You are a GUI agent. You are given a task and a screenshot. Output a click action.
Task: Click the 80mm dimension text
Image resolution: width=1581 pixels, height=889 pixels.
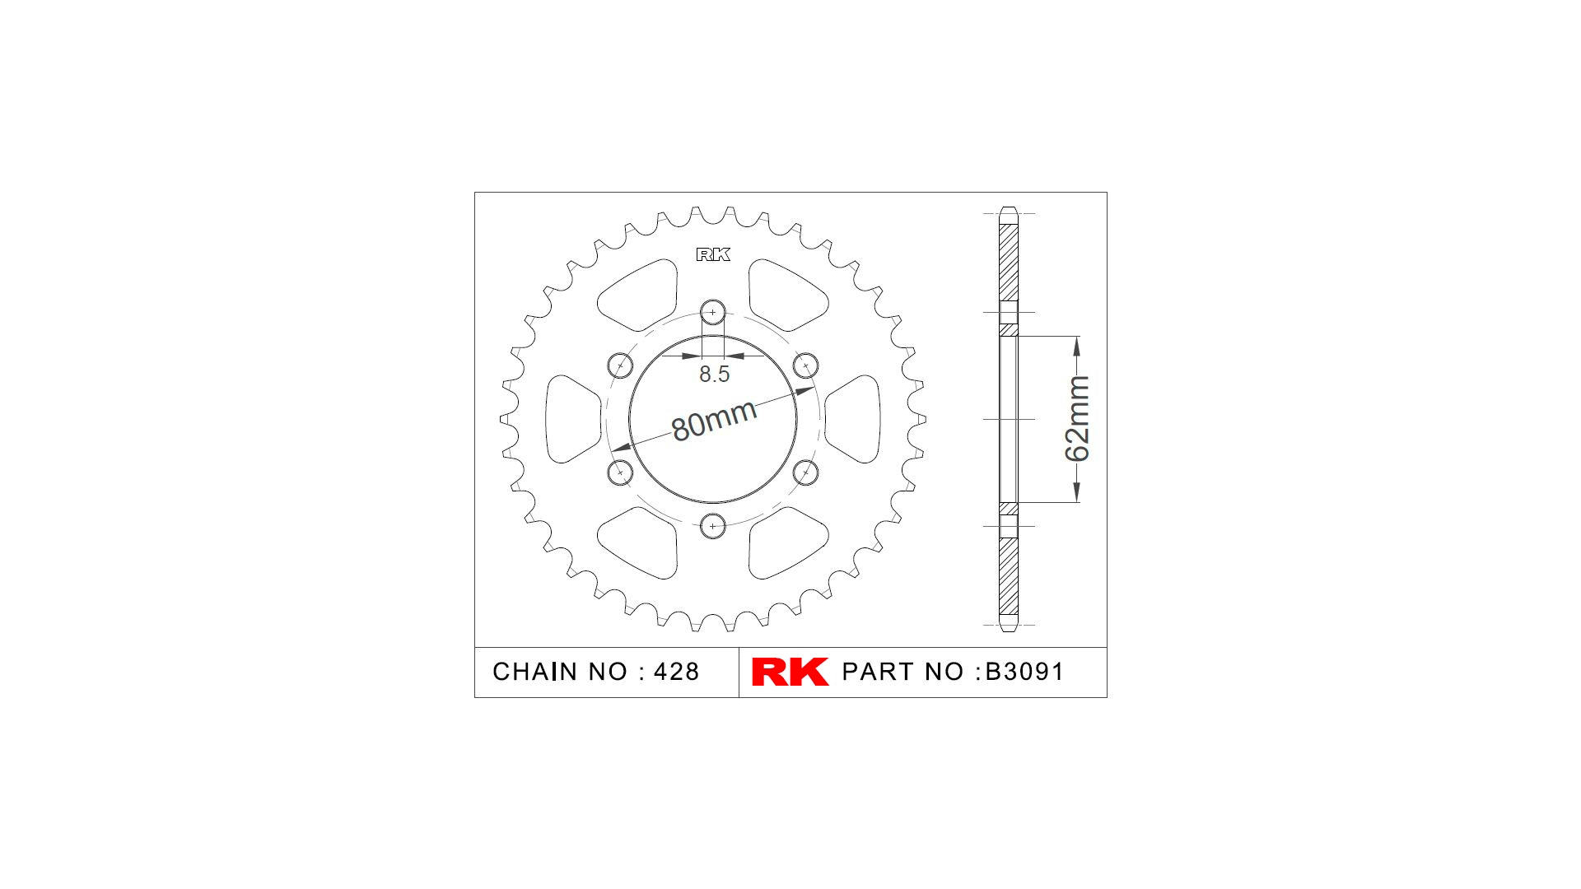(714, 421)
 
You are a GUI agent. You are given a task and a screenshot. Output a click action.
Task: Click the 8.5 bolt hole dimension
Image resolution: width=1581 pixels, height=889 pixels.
(714, 374)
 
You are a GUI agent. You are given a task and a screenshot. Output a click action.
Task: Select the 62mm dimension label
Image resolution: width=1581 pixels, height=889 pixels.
(1077, 418)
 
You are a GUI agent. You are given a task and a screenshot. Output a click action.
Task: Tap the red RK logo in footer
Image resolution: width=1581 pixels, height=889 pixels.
(790, 672)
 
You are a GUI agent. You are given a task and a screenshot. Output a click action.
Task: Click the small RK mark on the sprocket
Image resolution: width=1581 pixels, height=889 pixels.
(713, 254)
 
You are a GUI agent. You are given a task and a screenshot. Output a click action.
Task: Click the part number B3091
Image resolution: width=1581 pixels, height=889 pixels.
(1025, 672)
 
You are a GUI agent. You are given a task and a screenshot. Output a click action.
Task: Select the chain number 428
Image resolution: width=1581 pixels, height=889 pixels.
(676, 672)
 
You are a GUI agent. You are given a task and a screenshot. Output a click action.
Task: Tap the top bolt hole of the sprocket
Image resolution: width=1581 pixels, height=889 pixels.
(713, 313)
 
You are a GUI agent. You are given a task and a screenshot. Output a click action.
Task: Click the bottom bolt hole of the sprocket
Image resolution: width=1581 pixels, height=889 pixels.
(713, 525)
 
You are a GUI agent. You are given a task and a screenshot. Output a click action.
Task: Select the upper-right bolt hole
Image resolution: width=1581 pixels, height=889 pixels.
(805, 365)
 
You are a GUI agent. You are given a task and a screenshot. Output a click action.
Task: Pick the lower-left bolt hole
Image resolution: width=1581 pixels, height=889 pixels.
(620, 472)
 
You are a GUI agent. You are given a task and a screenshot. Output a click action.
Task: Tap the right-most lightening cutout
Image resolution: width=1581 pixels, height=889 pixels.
(855, 419)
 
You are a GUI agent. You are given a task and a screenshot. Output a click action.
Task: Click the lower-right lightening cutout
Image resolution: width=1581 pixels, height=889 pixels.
(786, 543)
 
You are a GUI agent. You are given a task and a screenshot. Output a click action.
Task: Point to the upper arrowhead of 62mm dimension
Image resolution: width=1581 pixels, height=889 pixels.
(1076, 346)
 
